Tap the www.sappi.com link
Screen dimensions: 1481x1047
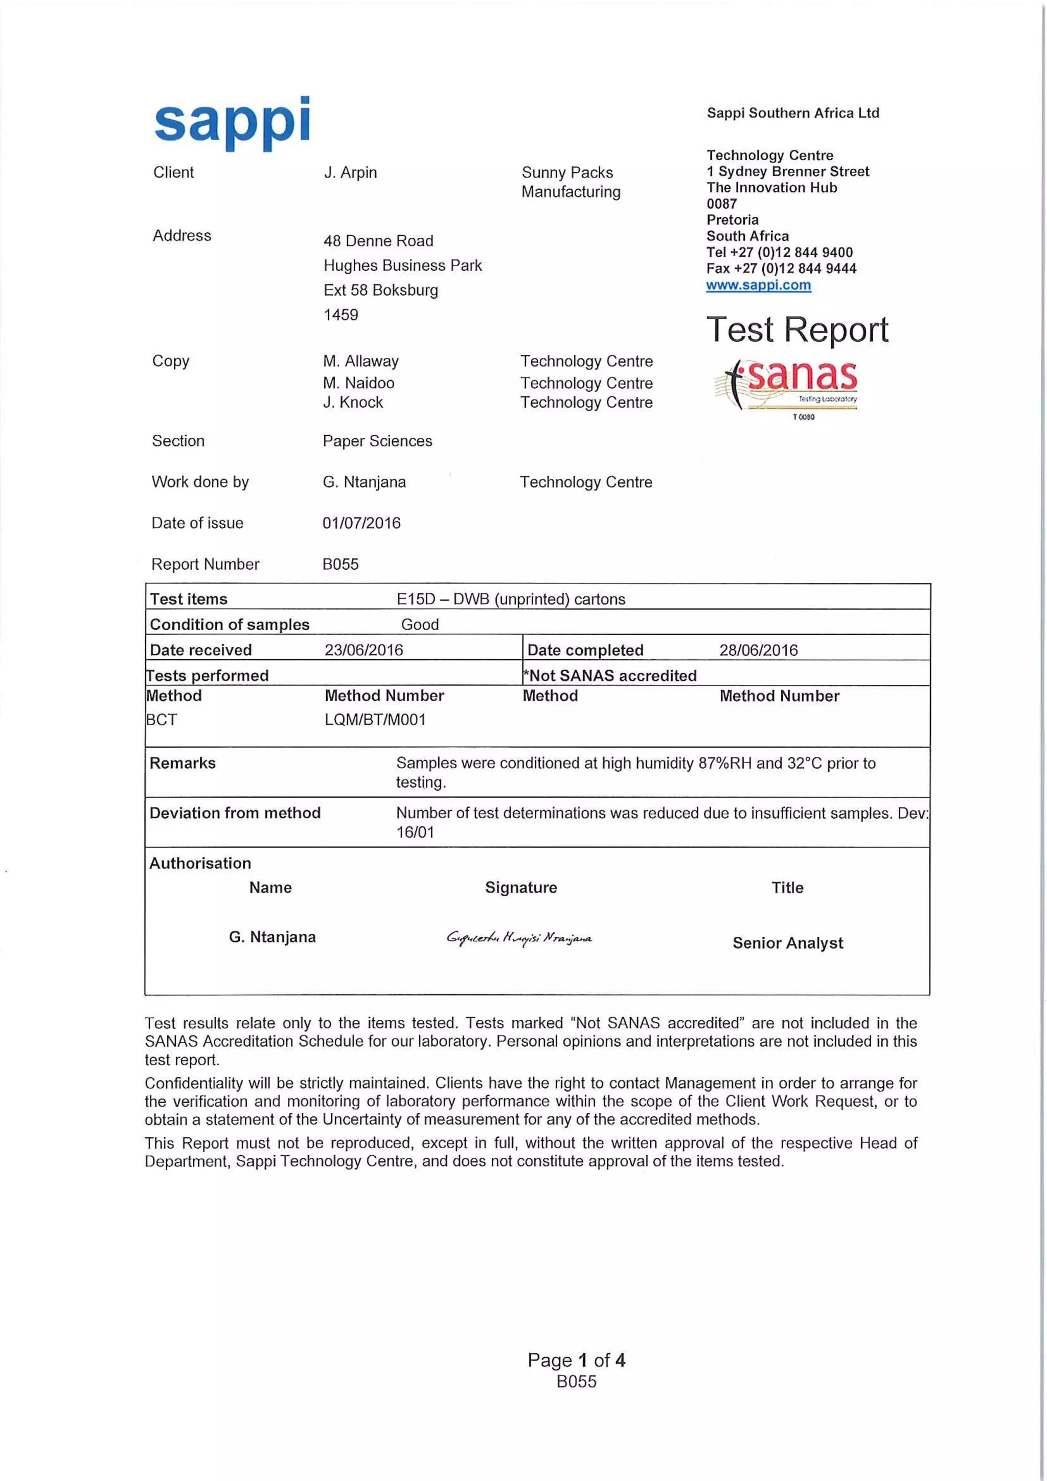(x=758, y=285)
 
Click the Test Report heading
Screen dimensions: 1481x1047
(x=797, y=330)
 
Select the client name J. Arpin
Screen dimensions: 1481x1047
(x=350, y=172)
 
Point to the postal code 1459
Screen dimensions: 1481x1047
(x=340, y=315)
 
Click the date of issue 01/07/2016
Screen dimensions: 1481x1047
(x=361, y=523)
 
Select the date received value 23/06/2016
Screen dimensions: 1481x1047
(x=363, y=649)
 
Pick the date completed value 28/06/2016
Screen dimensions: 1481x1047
(x=758, y=649)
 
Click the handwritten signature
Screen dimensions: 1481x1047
(x=519, y=937)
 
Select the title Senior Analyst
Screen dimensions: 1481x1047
(x=787, y=943)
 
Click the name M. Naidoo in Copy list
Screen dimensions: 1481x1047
(x=358, y=383)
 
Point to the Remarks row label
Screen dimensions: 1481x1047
(x=183, y=763)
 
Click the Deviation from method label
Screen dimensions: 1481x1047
(x=235, y=813)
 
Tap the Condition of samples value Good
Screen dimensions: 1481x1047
(x=420, y=624)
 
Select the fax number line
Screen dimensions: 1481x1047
(x=781, y=268)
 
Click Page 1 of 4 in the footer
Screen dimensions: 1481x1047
(x=576, y=1360)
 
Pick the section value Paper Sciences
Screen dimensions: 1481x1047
(x=377, y=441)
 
